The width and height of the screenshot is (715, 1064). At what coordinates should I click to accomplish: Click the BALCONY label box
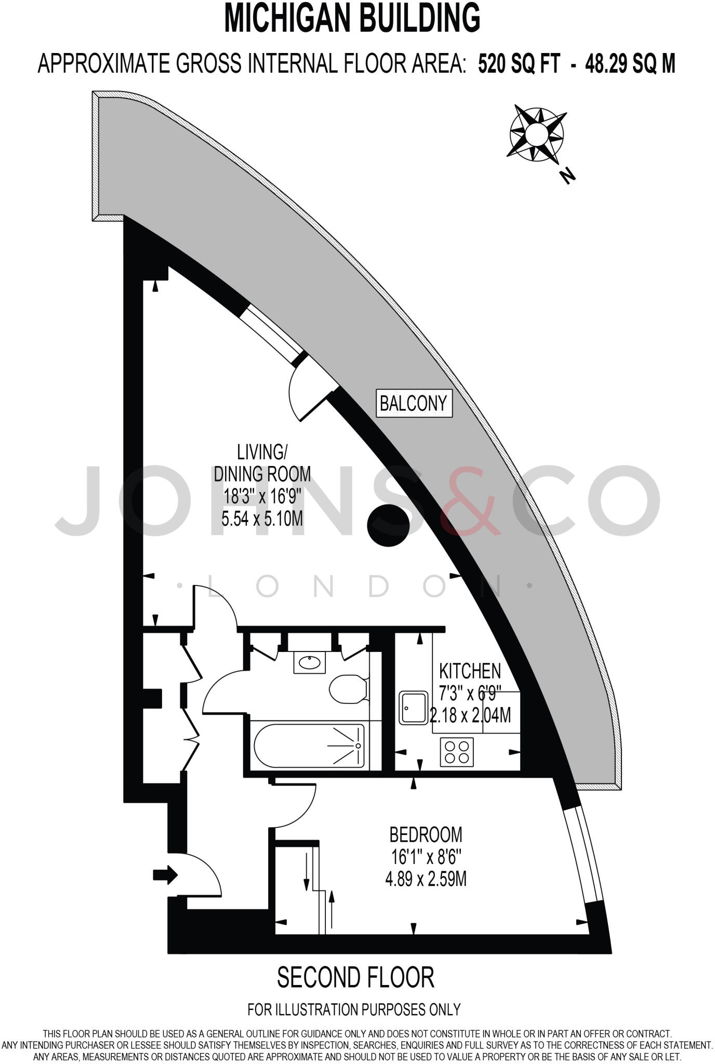414,403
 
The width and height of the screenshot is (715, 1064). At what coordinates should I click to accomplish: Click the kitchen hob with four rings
457,752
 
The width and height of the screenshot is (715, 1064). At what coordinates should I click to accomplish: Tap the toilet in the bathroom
348,689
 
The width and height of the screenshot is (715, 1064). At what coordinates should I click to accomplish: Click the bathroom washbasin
309,662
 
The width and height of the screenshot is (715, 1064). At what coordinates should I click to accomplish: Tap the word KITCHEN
470,671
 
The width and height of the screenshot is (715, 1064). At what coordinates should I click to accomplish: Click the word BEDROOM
426,834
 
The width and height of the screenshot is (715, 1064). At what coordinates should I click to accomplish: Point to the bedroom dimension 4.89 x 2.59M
426,879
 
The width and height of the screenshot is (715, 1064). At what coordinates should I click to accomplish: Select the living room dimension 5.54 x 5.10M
262,518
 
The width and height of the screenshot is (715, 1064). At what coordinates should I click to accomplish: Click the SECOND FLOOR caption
355,977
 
